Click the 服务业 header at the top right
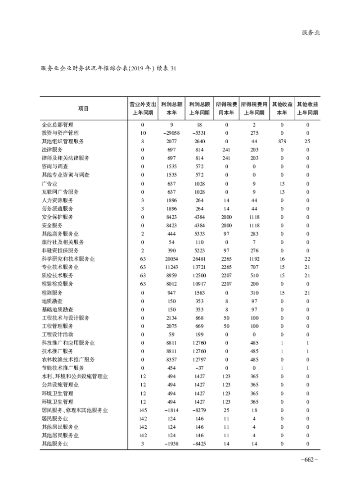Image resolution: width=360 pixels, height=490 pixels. point(310,33)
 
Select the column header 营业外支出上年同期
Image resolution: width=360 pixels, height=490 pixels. point(143,108)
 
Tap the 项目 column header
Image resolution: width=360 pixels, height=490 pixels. point(83,108)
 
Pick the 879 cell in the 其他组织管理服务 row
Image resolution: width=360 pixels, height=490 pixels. point(281,141)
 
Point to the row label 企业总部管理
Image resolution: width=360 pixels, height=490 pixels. point(57,125)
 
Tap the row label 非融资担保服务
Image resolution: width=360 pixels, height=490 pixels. point(60,250)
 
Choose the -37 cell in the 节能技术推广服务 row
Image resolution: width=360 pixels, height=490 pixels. point(198,368)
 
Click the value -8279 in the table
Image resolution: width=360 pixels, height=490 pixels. point(198,410)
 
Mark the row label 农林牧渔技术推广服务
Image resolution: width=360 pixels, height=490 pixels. point(67,359)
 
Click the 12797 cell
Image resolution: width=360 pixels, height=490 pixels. point(198,359)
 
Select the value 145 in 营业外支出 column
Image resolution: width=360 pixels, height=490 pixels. point(143,410)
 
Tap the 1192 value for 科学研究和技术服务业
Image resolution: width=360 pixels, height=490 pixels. point(254,259)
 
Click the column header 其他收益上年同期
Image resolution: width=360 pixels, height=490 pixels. point(308,108)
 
